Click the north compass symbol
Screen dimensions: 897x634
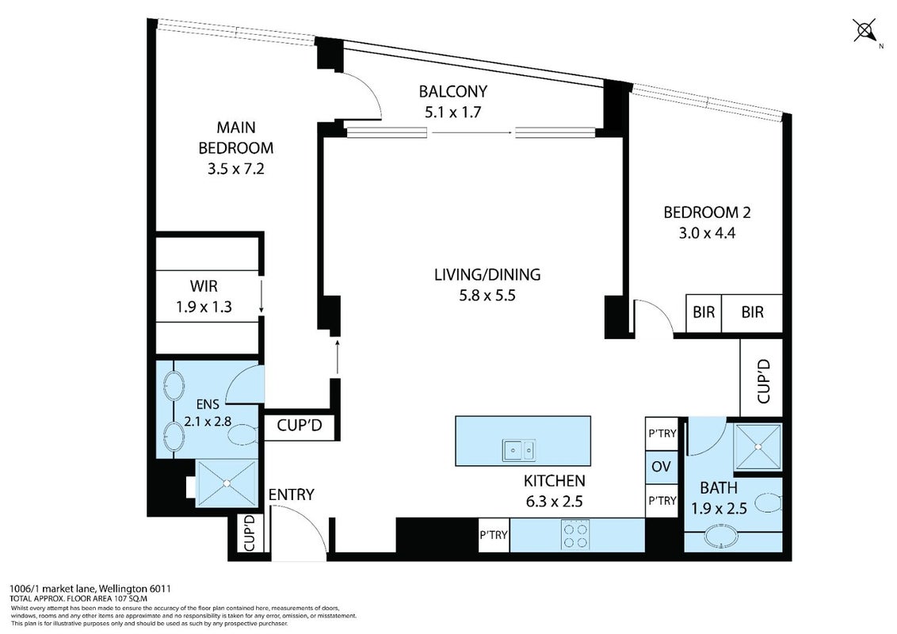coord(865,30)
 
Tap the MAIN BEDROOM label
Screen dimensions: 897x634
coord(235,137)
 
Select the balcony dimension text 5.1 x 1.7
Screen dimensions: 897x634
coord(452,113)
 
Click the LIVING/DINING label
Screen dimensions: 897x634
coord(487,275)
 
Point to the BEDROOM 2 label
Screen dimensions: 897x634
coord(707,212)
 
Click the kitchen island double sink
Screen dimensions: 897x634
coord(519,450)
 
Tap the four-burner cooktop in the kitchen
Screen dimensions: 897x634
coord(575,534)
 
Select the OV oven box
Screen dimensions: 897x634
coord(662,467)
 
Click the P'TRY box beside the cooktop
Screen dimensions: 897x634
coord(494,535)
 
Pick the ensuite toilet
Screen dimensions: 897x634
coord(242,435)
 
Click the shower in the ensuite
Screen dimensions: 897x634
coord(227,483)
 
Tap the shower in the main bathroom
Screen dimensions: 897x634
coord(758,447)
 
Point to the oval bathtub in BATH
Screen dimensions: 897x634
coord(721,538)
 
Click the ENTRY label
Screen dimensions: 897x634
coord(291,495)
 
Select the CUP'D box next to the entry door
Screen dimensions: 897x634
coord(250,533)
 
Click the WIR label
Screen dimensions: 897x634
coord(204,286)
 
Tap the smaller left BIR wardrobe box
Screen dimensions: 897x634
coord(704,312)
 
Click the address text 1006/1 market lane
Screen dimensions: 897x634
coord(55,588)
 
